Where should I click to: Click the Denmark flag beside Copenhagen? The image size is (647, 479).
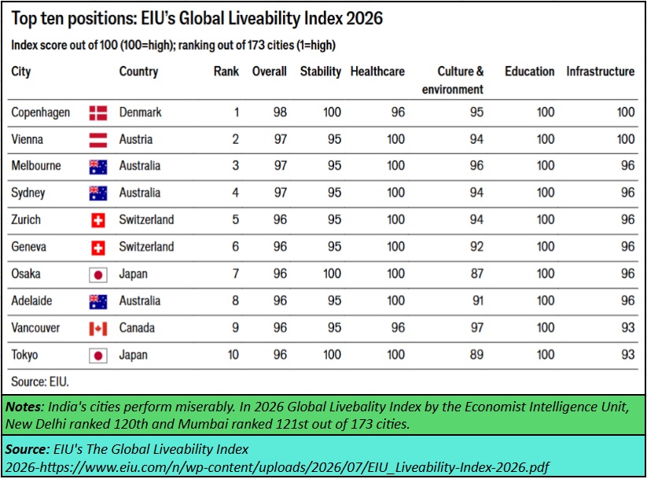click(98, 112)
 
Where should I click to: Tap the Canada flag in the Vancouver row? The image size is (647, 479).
click(98, 329)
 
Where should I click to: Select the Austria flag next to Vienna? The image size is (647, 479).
click(98, 140)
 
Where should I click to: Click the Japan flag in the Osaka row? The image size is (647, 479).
click(98, 275)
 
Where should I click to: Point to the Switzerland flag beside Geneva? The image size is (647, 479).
click(98, 248)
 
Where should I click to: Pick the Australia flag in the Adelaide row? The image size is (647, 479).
click(98, 302)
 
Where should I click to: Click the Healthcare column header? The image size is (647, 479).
click(377, 72)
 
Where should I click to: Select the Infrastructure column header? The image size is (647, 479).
click(601, 72)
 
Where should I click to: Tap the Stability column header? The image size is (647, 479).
click(321, 72)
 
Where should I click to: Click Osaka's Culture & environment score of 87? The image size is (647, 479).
click(477, 274)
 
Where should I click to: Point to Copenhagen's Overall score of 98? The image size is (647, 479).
click(280, 112)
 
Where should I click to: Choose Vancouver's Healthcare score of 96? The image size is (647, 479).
click(399, 327)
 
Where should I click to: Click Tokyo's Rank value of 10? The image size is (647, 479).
click(233, 355)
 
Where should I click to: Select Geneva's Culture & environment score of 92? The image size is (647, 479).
click(476, 246)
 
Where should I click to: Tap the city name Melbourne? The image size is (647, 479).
click(36, 166)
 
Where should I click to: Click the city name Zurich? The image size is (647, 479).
click(26, 219)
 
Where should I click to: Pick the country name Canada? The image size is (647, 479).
click(137, 328)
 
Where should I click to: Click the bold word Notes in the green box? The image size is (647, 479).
click(24, 407)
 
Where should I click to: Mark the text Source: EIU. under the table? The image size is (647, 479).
click(40, 381)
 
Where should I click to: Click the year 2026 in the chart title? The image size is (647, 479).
click(364, 18)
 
